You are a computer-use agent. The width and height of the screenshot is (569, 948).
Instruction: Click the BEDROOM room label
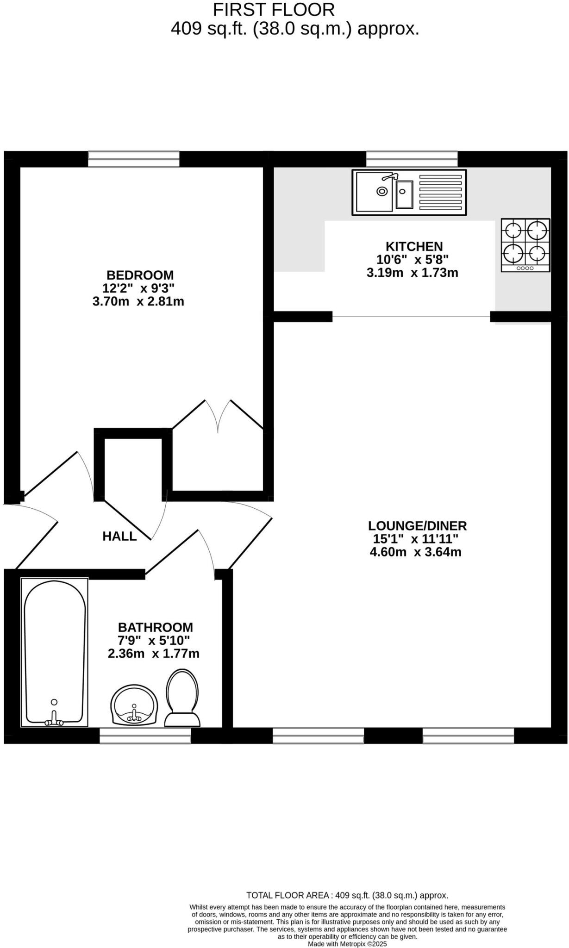pos(140,274)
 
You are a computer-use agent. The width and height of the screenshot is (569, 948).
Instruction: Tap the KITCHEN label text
pos(414,246)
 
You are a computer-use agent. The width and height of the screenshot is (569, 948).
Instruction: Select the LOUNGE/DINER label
pos(417,525)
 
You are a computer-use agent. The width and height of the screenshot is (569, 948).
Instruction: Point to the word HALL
pos(119,536)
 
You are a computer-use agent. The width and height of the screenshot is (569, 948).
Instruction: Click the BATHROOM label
pos(155,627)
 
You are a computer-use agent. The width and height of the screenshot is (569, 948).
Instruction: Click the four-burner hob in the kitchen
pos(525,245)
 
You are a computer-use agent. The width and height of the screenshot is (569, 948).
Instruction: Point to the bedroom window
pos(134,159)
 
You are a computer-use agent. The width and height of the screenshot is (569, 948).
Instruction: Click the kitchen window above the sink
pos(412,159)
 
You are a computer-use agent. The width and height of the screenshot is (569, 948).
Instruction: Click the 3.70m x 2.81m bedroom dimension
pos(138,301)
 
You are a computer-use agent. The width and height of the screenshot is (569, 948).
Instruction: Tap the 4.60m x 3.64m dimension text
pos(415,552)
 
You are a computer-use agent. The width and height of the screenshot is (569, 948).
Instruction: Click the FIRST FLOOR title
pos(274,10)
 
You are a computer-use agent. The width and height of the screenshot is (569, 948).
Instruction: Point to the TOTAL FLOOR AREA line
pos(347,895)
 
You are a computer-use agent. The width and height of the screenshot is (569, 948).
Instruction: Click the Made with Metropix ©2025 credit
pos(347,943)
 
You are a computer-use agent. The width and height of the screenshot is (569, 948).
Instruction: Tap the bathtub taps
pos(54,720)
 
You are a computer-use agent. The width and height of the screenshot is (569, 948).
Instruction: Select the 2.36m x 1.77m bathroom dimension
pos(154,654)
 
